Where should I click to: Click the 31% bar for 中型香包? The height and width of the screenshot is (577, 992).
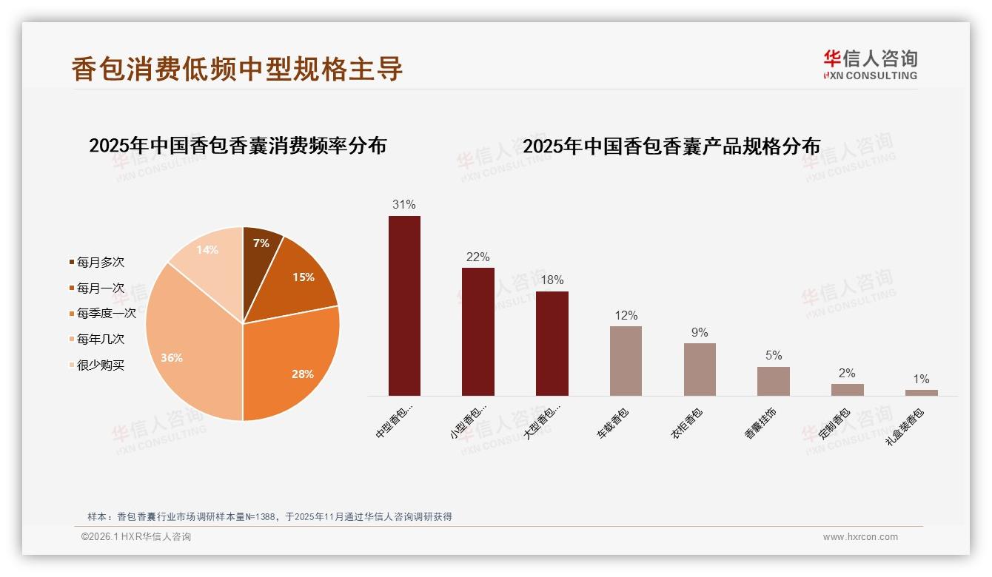404,306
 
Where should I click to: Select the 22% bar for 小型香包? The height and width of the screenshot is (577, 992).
477,331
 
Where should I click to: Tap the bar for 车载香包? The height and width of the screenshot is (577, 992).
626,361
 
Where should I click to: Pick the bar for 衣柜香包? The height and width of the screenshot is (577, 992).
700,369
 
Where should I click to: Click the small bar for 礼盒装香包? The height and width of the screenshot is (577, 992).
921,393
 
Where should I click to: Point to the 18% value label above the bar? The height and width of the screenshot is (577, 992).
552,280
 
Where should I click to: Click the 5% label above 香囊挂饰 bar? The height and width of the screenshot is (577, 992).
774,355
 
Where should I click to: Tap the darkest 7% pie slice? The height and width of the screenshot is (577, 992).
260,248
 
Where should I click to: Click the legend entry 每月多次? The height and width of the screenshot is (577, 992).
100,263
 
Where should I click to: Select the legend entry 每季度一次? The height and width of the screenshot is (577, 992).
106,314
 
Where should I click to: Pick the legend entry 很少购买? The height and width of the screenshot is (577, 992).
100,365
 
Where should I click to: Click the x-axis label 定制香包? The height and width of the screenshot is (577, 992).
835,424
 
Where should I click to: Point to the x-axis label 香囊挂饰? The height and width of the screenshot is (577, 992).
761,424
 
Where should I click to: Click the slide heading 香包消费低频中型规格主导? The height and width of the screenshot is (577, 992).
237,68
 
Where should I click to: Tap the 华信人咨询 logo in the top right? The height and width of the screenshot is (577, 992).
870,64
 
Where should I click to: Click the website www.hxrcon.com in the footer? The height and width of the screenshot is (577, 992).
860,537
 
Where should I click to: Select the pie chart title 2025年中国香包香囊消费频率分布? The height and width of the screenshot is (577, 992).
238,146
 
